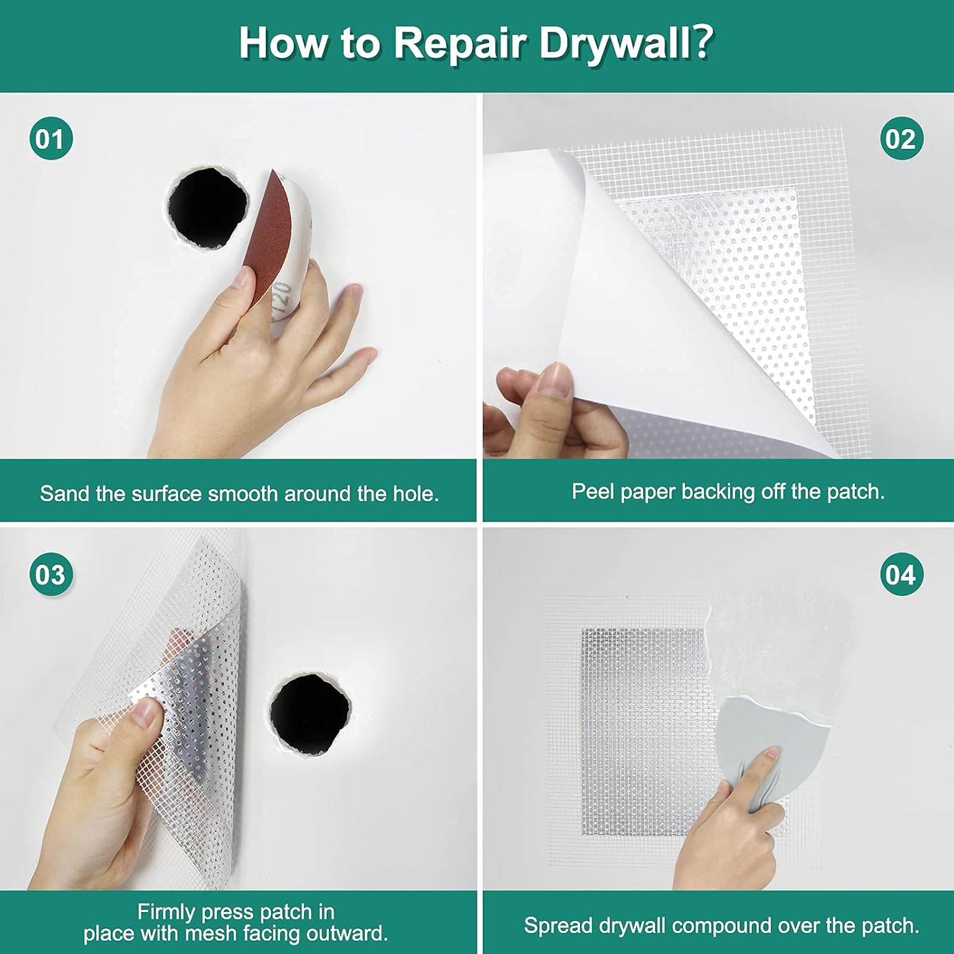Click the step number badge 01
(51, 139)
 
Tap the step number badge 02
(901, 139)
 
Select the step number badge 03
(51, 574)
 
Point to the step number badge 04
(901, 574)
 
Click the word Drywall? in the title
(626, 43)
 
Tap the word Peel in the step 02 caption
(593, 492)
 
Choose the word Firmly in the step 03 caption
(167, 912)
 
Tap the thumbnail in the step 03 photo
(145, 714)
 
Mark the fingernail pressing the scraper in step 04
(771, 754)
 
